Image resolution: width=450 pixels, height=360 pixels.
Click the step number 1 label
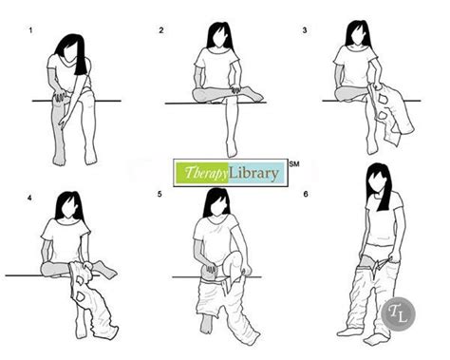point(30,30)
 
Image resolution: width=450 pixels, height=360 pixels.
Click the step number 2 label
point(161,30)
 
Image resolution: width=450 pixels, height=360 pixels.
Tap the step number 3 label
point(305,30)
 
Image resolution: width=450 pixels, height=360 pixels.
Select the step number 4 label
point(29,199)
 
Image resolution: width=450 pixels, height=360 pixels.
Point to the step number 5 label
point(159,194)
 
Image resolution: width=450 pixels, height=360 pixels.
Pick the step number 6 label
point(306,194)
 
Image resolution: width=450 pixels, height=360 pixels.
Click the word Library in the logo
point(253,173)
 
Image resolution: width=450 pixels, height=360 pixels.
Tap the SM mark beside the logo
point(294,163)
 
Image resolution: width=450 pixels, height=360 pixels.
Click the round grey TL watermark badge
point(398,314)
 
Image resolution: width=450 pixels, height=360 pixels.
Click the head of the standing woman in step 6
point(379,180)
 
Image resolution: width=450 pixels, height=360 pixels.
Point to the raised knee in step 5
point(235,257)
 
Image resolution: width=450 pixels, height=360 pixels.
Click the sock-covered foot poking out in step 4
point(104,269)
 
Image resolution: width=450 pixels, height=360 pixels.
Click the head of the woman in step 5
point(216,202)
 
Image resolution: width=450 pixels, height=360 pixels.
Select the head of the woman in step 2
point(219,35)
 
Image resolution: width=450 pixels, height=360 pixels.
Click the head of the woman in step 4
point(68,205)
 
